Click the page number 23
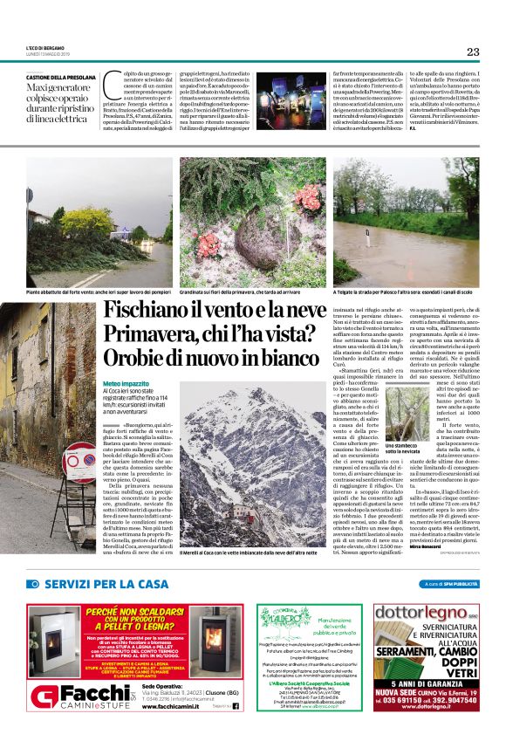tap(473, 51)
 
